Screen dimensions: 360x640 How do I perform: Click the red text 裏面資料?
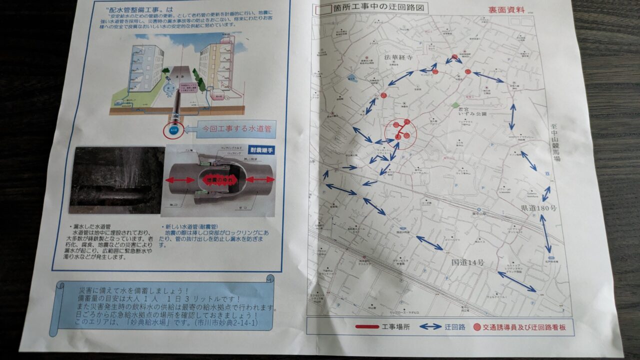[506, 9]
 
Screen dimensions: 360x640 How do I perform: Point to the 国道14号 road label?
[468, 262]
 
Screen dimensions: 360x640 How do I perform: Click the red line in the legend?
[367, 327]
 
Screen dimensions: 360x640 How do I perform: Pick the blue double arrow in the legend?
[430, 327]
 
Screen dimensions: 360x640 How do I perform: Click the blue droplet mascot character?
[170, 89]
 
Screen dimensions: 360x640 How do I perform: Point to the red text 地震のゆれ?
[217, 179]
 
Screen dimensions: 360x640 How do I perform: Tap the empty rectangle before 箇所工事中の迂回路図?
[320, 8]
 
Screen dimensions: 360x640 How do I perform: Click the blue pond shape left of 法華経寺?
[352, 77]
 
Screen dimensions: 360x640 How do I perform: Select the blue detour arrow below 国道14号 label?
[516, 281]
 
